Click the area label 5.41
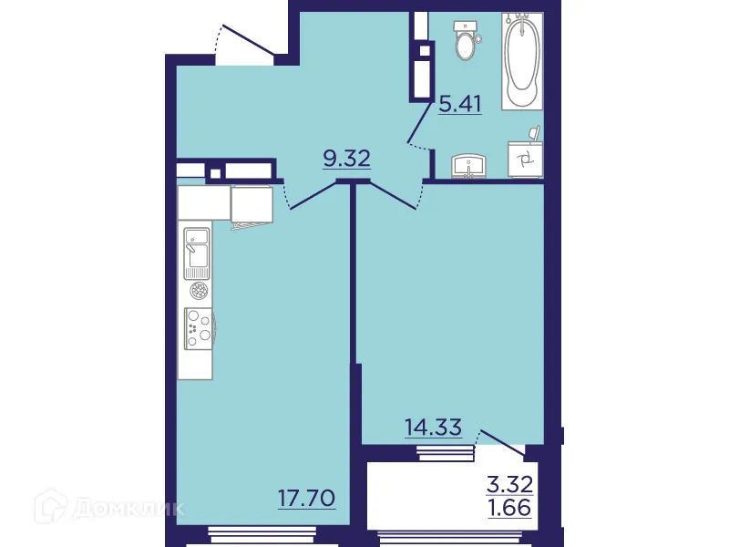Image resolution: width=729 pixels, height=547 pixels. click(459, 103)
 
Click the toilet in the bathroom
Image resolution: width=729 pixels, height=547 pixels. click(467, 42)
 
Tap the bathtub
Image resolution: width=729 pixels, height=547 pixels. click(521, 60)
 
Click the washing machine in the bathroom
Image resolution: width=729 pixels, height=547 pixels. click(525, 160)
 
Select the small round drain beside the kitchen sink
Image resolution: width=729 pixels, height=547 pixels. click(197, 291)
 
